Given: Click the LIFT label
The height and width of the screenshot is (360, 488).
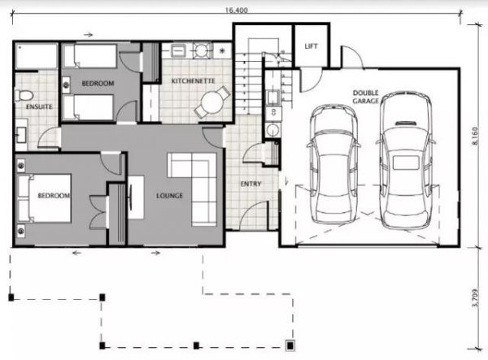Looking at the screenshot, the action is [311, 46].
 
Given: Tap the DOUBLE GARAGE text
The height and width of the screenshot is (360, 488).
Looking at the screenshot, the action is [366, 97].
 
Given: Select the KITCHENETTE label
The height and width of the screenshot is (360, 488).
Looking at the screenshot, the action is [194, 80].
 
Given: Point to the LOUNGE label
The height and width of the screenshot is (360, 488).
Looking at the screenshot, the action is [169, 196].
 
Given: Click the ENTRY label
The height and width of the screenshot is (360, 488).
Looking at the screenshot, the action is [251, 184].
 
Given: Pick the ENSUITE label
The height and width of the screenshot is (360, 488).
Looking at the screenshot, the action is [39, 106].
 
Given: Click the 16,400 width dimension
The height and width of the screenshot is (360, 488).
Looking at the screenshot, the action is [237, 10].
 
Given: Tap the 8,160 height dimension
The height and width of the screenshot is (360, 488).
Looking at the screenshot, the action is [475, 136].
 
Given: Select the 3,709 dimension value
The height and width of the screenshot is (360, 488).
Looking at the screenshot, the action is [475, 298].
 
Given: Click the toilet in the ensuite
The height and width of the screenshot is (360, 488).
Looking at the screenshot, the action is [24, 95].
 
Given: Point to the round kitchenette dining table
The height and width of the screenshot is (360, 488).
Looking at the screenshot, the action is [212, 102].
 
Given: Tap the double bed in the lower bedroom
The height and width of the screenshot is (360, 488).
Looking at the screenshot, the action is [44, 198].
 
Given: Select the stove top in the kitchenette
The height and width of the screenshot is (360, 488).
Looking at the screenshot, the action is [202, 50].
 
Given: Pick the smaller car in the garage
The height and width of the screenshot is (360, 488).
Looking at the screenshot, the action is [334, 164].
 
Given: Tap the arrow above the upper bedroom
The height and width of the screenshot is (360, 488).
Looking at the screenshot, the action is [89, 35].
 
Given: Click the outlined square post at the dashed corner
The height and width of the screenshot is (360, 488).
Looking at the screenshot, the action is [290, 345].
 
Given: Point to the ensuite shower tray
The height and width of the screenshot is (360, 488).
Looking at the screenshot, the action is [37, 56].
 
